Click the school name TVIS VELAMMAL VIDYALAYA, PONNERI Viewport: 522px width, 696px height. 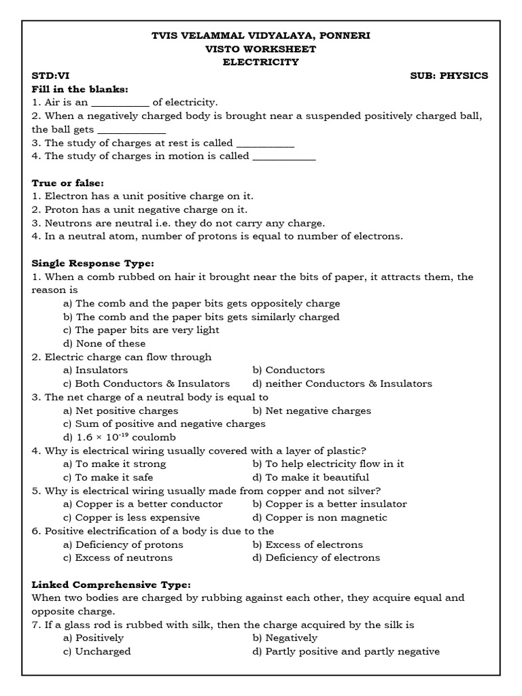[260, 35]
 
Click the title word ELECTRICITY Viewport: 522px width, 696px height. [261, 62]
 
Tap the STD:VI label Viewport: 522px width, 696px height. [50, 75]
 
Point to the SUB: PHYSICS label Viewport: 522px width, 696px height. [449, 75]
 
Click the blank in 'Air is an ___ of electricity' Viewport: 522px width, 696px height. [120, 103]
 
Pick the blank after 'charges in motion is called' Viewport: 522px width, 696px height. [284, 156]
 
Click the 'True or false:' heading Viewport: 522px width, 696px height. [68, 183]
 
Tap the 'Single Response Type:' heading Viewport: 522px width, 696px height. [93, 263]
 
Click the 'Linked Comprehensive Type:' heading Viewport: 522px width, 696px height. [111, 585]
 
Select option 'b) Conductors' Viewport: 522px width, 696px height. [288, 370]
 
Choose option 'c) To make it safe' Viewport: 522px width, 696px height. [107, 477]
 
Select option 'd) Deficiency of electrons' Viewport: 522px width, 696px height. [316, 557]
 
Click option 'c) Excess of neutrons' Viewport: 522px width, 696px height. [118, 557]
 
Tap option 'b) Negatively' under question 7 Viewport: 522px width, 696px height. [285, 638]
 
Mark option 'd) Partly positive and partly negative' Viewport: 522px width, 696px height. [345, 651]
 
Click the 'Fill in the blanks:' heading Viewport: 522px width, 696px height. [80, 89]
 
